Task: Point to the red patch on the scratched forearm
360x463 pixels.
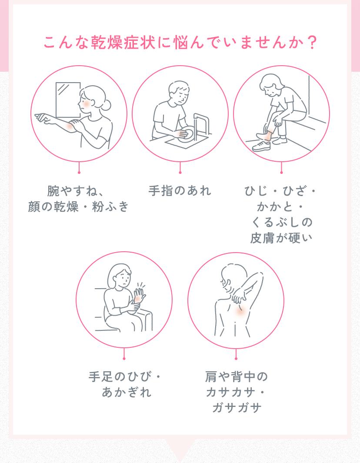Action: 70,125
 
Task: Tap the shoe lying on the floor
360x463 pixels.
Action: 262,145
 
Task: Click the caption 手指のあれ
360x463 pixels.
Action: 180,191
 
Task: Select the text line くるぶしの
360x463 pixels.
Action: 281,222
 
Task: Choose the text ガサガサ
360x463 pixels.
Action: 236,408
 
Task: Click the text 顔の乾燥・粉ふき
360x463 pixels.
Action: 79,207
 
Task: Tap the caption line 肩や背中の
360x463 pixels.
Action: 236,376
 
